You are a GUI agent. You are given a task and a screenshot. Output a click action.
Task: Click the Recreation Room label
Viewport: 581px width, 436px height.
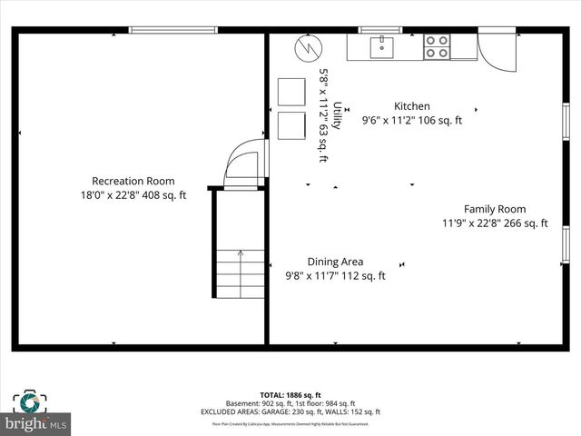tap(133, 181)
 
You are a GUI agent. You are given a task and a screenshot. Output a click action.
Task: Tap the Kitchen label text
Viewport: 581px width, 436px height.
tap(411, 106)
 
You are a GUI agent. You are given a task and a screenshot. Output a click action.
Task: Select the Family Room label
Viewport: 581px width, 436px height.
tap(495, 209)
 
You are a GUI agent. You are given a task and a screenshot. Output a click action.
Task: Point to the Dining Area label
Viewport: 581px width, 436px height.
tap(335, 262)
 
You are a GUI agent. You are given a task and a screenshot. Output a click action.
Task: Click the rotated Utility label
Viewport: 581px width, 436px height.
tap(337, 115)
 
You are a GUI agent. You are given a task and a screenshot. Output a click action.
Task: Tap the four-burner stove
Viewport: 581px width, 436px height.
tap(437, 46)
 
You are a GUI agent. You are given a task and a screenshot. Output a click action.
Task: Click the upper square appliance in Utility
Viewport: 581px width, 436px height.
tap(291, 93)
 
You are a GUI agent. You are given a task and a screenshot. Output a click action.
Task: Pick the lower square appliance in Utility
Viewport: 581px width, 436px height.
tap(291, 125)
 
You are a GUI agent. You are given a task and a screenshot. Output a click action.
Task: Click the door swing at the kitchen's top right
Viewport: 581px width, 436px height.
tap(497, 51)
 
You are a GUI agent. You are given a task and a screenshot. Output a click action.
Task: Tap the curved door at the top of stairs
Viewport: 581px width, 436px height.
tap(246, 163)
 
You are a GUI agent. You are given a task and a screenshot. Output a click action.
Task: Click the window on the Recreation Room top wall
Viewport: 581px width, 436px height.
tap(172, 30)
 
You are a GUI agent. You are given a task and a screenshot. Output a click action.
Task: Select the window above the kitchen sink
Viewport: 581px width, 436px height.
tap(381, 30)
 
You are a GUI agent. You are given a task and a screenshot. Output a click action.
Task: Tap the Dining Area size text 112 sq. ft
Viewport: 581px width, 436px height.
tap(363, 276)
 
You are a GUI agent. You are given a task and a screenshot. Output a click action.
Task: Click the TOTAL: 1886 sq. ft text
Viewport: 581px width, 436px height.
tap(290, 396)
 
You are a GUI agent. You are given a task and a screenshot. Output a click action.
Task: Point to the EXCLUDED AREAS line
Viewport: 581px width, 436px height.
tap(290, 412)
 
